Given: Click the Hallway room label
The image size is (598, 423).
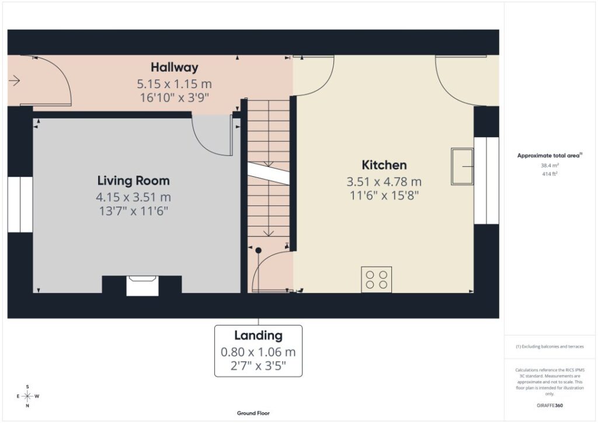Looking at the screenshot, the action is pos(174,68).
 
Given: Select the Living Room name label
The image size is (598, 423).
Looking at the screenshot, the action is pos(134,181).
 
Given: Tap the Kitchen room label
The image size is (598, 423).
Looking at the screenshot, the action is pos(384,165).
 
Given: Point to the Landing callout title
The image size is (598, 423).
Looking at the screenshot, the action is pos(258,335).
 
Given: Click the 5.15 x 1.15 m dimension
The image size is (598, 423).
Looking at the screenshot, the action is pos(174,84).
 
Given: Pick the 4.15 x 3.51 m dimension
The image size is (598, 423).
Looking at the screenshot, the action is pos(134,197).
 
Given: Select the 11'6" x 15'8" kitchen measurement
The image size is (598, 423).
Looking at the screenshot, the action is pos(384,195).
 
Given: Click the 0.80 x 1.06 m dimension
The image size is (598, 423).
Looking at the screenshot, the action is pos(258,352).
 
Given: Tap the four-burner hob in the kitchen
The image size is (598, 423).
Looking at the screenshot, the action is pos(377,279).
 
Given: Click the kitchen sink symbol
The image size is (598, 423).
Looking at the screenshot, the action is pos(463,166).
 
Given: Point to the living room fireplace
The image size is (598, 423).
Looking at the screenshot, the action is pos(142,285).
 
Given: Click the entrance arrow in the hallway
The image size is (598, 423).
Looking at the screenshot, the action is pos(14,81).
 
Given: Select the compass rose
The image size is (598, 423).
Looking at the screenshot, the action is pos(28,396).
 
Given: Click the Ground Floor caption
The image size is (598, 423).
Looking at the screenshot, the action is pos(253,413).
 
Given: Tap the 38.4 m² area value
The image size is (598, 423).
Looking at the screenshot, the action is pos(550,165).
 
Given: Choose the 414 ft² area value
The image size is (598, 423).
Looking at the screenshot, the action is pos(550,174).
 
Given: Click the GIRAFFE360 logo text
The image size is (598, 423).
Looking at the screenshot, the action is pos(550,405).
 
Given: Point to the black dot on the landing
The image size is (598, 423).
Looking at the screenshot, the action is pos(258,250).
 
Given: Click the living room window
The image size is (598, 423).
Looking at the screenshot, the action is pos(20,204).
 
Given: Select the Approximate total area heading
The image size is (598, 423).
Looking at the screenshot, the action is pos(550,155).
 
